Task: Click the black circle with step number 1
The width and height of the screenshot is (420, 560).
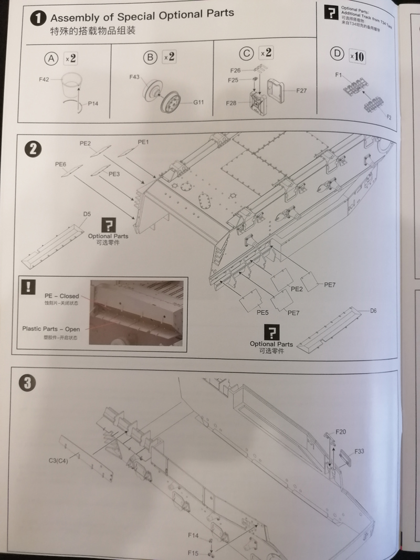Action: point(37,19)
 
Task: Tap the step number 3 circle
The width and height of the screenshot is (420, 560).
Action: point(27,384)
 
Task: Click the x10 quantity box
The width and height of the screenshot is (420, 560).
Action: point(356,56)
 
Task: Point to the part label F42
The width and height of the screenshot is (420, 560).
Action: point(44,79)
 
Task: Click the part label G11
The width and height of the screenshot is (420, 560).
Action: point(198,102)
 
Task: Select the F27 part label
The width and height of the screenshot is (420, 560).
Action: point(301,91)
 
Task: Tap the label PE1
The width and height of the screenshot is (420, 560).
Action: point(144,142)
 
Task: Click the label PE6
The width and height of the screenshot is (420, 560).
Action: point(60,164)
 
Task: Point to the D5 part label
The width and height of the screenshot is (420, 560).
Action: point(87,214)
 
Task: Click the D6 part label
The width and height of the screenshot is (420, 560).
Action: point(373,311)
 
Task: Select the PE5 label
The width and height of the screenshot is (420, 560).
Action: point(262,312)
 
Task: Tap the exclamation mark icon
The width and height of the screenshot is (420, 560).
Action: point(28,287)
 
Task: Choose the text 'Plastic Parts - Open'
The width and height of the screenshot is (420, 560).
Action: point(51,329)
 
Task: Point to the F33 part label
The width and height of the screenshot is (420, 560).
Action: point(359,451)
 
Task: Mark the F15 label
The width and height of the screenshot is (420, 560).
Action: point(193,553)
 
